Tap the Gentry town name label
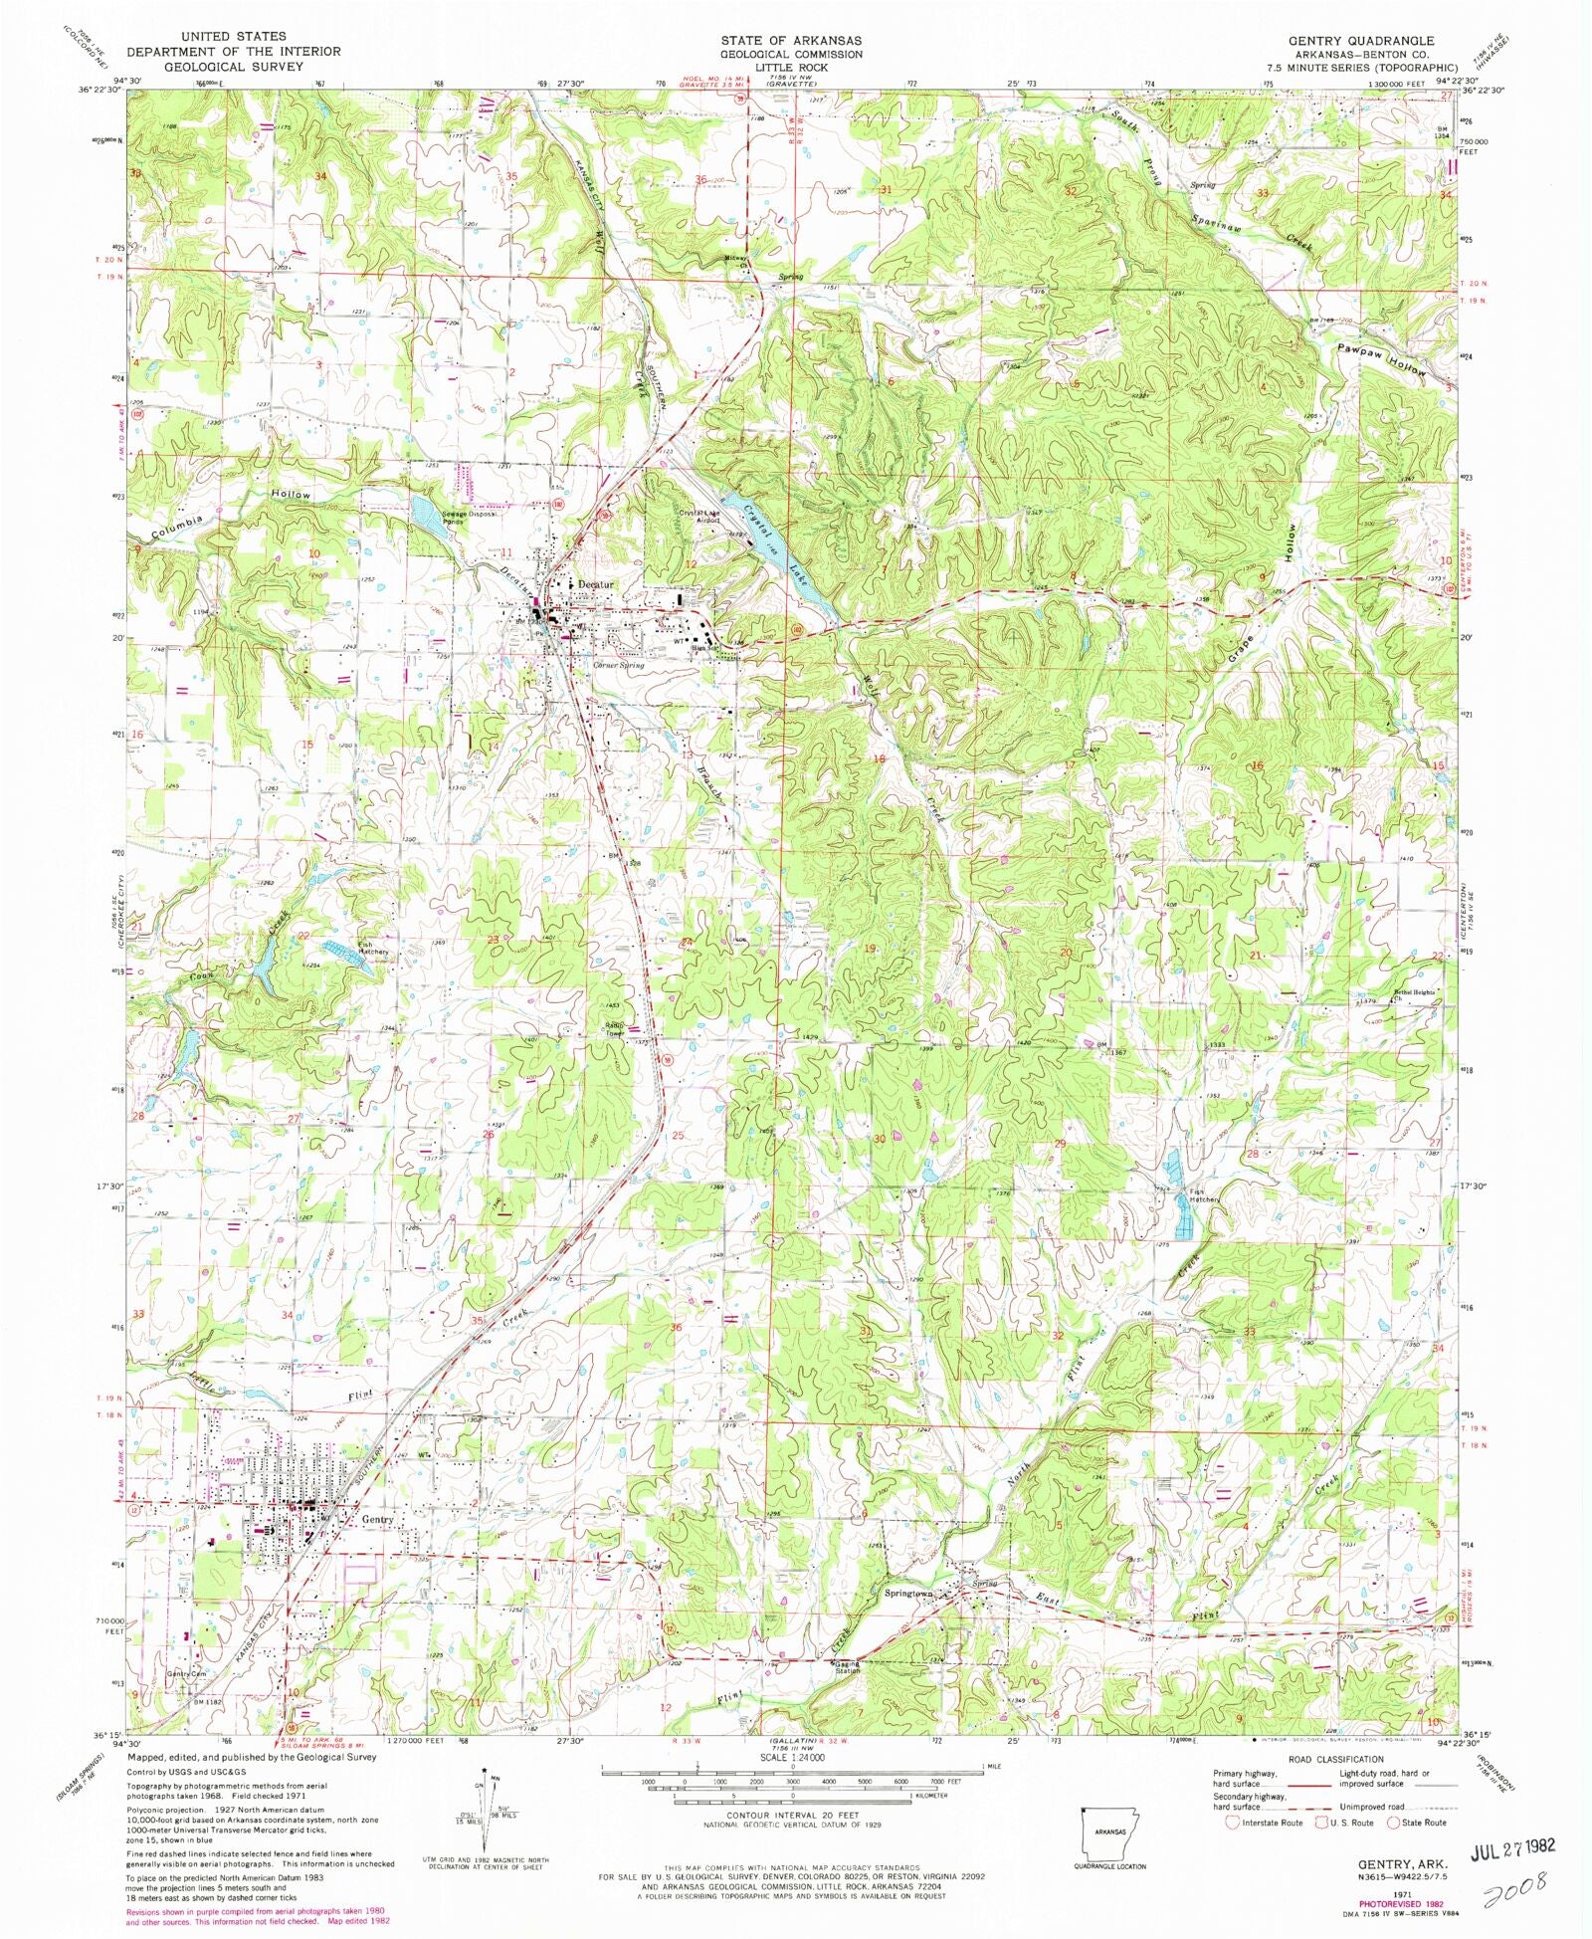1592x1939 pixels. tap(379, 1520)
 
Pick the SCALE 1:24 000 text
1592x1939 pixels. tap(793, 1757)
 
